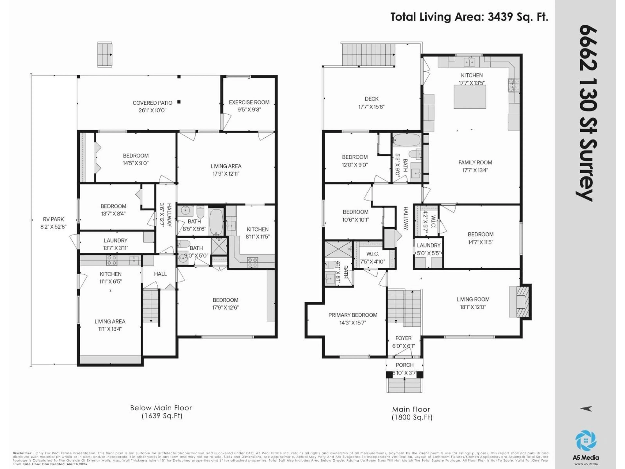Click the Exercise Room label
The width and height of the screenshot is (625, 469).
[249, 102]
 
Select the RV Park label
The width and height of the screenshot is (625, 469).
[53, 219]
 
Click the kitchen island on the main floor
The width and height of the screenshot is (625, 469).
[470, 97]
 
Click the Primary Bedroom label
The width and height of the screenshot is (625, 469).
[353, 315]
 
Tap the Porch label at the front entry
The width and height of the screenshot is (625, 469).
[404, 365]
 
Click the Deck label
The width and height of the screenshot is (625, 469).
[371, 99]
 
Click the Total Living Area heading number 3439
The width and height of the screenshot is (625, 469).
[500, 17]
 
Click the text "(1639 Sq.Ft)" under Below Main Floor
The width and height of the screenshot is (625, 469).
[162, 416]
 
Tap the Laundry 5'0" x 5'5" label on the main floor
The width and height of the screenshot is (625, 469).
[428, 245]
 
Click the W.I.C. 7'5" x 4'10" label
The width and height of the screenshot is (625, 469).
[372, 254]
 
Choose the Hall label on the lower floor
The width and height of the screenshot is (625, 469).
[160, 274]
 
